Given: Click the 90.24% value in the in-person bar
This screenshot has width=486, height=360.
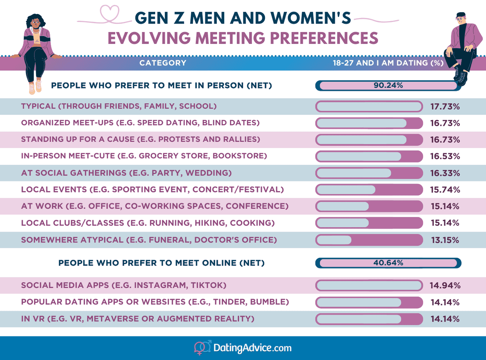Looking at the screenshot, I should (x=388, y=86).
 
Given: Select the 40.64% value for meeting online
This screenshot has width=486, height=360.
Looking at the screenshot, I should (x=388, y=263).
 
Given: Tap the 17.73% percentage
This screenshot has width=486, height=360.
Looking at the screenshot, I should (x=445, y=107).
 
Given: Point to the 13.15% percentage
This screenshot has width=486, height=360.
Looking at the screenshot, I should (x=445, y=240).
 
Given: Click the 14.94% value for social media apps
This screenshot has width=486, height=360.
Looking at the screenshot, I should (x=445, y=286).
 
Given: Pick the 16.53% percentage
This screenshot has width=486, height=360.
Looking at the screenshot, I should (x=445, y=156).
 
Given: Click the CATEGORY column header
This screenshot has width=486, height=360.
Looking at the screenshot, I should (x=163, y=63).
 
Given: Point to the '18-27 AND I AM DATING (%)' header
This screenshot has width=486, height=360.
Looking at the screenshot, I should (x=388, y=63).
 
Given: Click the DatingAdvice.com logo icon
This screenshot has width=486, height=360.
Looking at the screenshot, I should (x=203, y=348).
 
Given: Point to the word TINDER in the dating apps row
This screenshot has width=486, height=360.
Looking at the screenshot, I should (x=242, y=302).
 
